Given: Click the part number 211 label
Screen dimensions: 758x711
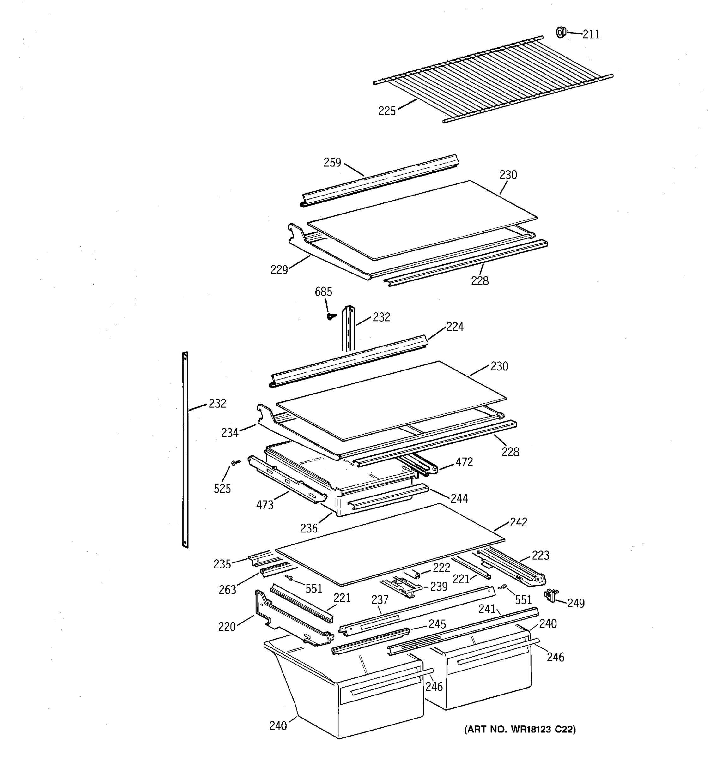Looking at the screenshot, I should (x=591, y=35).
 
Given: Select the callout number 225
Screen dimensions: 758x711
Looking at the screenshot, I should (x=387, y=111).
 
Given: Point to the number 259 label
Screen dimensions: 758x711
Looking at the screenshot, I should (x=332, y=163).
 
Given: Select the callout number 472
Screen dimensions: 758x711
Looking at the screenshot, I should (x=464, y=462).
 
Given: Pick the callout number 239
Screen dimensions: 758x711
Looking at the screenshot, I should (x=439, y=587).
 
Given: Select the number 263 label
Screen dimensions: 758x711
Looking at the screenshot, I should (x=227, y=590).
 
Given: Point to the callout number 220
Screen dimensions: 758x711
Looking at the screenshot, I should (x=227, y=627).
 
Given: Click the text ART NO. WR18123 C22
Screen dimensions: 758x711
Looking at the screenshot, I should (x=520, y=729).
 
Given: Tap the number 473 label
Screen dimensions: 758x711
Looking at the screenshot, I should (x=265, y=505).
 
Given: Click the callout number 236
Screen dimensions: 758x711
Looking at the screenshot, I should (x=309, y=528).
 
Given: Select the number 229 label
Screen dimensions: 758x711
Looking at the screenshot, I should (x=279, y=270).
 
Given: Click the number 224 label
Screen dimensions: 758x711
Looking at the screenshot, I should (x=455, y=327).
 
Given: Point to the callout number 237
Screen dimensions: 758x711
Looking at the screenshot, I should (x=380, y=600).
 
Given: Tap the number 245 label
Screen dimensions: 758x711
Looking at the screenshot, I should (x=437, y=624).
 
